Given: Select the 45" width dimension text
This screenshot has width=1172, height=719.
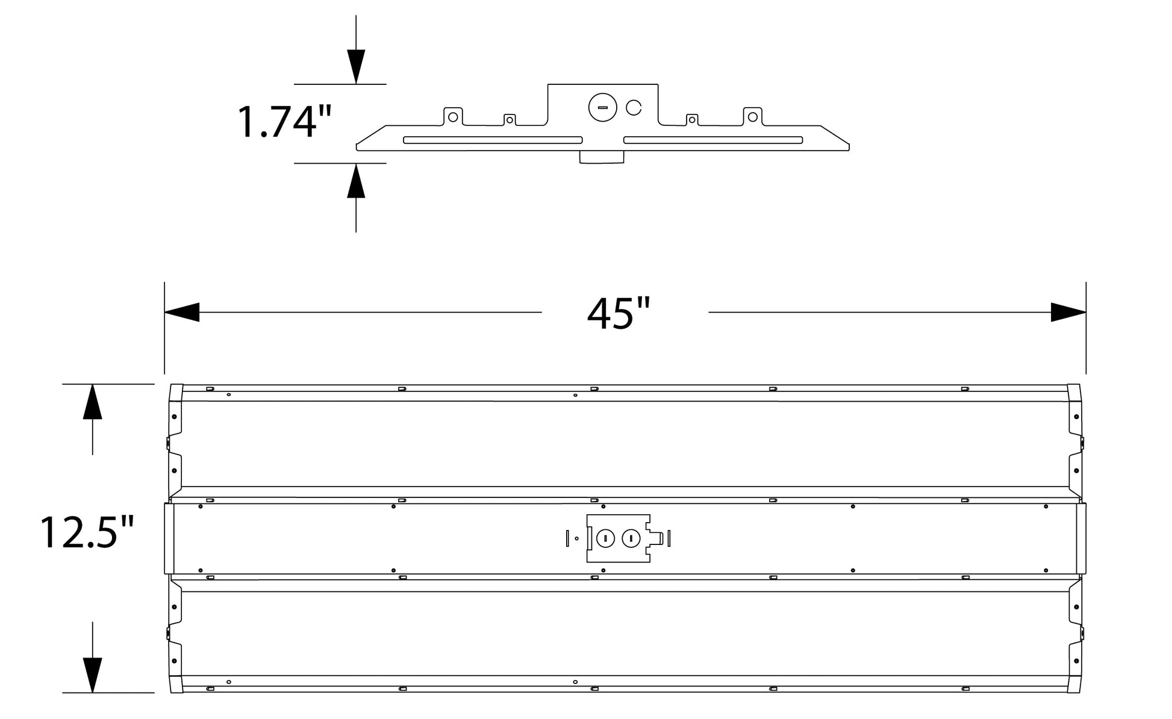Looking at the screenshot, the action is click(619, 314).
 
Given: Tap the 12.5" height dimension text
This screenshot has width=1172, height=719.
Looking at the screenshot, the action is click(87, 532).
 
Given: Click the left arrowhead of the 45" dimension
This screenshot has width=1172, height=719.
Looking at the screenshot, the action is click(182, 312).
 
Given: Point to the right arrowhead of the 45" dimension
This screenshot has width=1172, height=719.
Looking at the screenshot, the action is click(1068, 312).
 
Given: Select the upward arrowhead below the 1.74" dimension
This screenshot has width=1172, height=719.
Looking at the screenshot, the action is click(356, 180).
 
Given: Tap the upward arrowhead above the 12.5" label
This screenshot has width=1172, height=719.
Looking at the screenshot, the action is click(92, 401).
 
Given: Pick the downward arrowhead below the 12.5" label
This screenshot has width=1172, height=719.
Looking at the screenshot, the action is click(92, 675).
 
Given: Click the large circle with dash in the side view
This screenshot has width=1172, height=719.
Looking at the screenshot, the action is click(603, 108).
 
